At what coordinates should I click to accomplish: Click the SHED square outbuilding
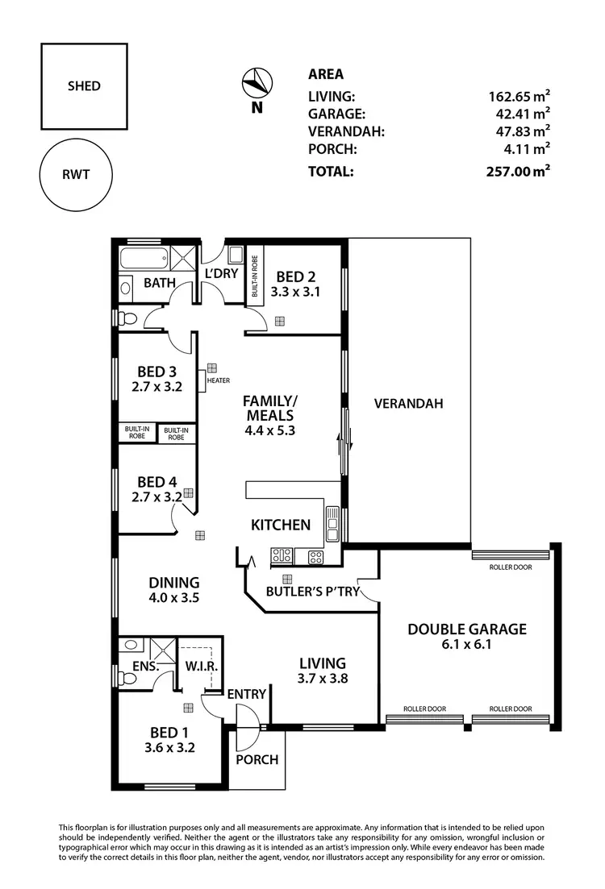coord(84,86)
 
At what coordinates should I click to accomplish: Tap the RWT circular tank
coord(76,175)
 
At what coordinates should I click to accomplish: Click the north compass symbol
coord(257,83)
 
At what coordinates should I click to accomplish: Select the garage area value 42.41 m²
coord(519,113)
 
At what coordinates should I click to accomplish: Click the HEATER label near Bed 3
coord(219,380)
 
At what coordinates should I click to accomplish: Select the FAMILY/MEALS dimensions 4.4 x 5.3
coord(270,430)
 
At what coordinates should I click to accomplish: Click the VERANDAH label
coord(408,404)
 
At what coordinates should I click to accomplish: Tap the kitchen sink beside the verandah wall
coord(332,525)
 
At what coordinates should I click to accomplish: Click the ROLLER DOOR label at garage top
coord(511,567)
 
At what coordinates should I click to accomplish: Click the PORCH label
coord(257,759)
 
